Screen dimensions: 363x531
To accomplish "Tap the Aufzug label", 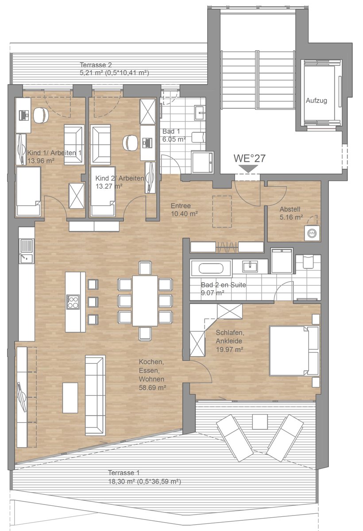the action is coord(316,100).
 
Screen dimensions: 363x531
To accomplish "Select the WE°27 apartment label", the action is coord(249,158).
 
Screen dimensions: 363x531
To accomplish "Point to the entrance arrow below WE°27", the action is coord(248,169).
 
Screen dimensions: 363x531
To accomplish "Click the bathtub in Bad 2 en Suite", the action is coord(211,269).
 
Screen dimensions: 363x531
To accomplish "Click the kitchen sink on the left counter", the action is coord(26,251).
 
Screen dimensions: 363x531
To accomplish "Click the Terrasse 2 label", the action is coord(96,65).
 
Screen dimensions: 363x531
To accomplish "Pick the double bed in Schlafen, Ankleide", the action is coord(294,351).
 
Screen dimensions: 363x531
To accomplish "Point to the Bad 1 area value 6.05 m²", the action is coord(174,139).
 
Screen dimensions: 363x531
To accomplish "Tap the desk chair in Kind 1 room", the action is coord(41,115).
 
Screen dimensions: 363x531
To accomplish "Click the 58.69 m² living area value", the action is coord(152,388).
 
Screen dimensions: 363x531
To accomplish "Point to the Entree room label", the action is coord(181,206).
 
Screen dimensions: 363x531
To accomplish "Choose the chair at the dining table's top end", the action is coord(145,268).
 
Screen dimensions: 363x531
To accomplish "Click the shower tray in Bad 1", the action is coord(202,162).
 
